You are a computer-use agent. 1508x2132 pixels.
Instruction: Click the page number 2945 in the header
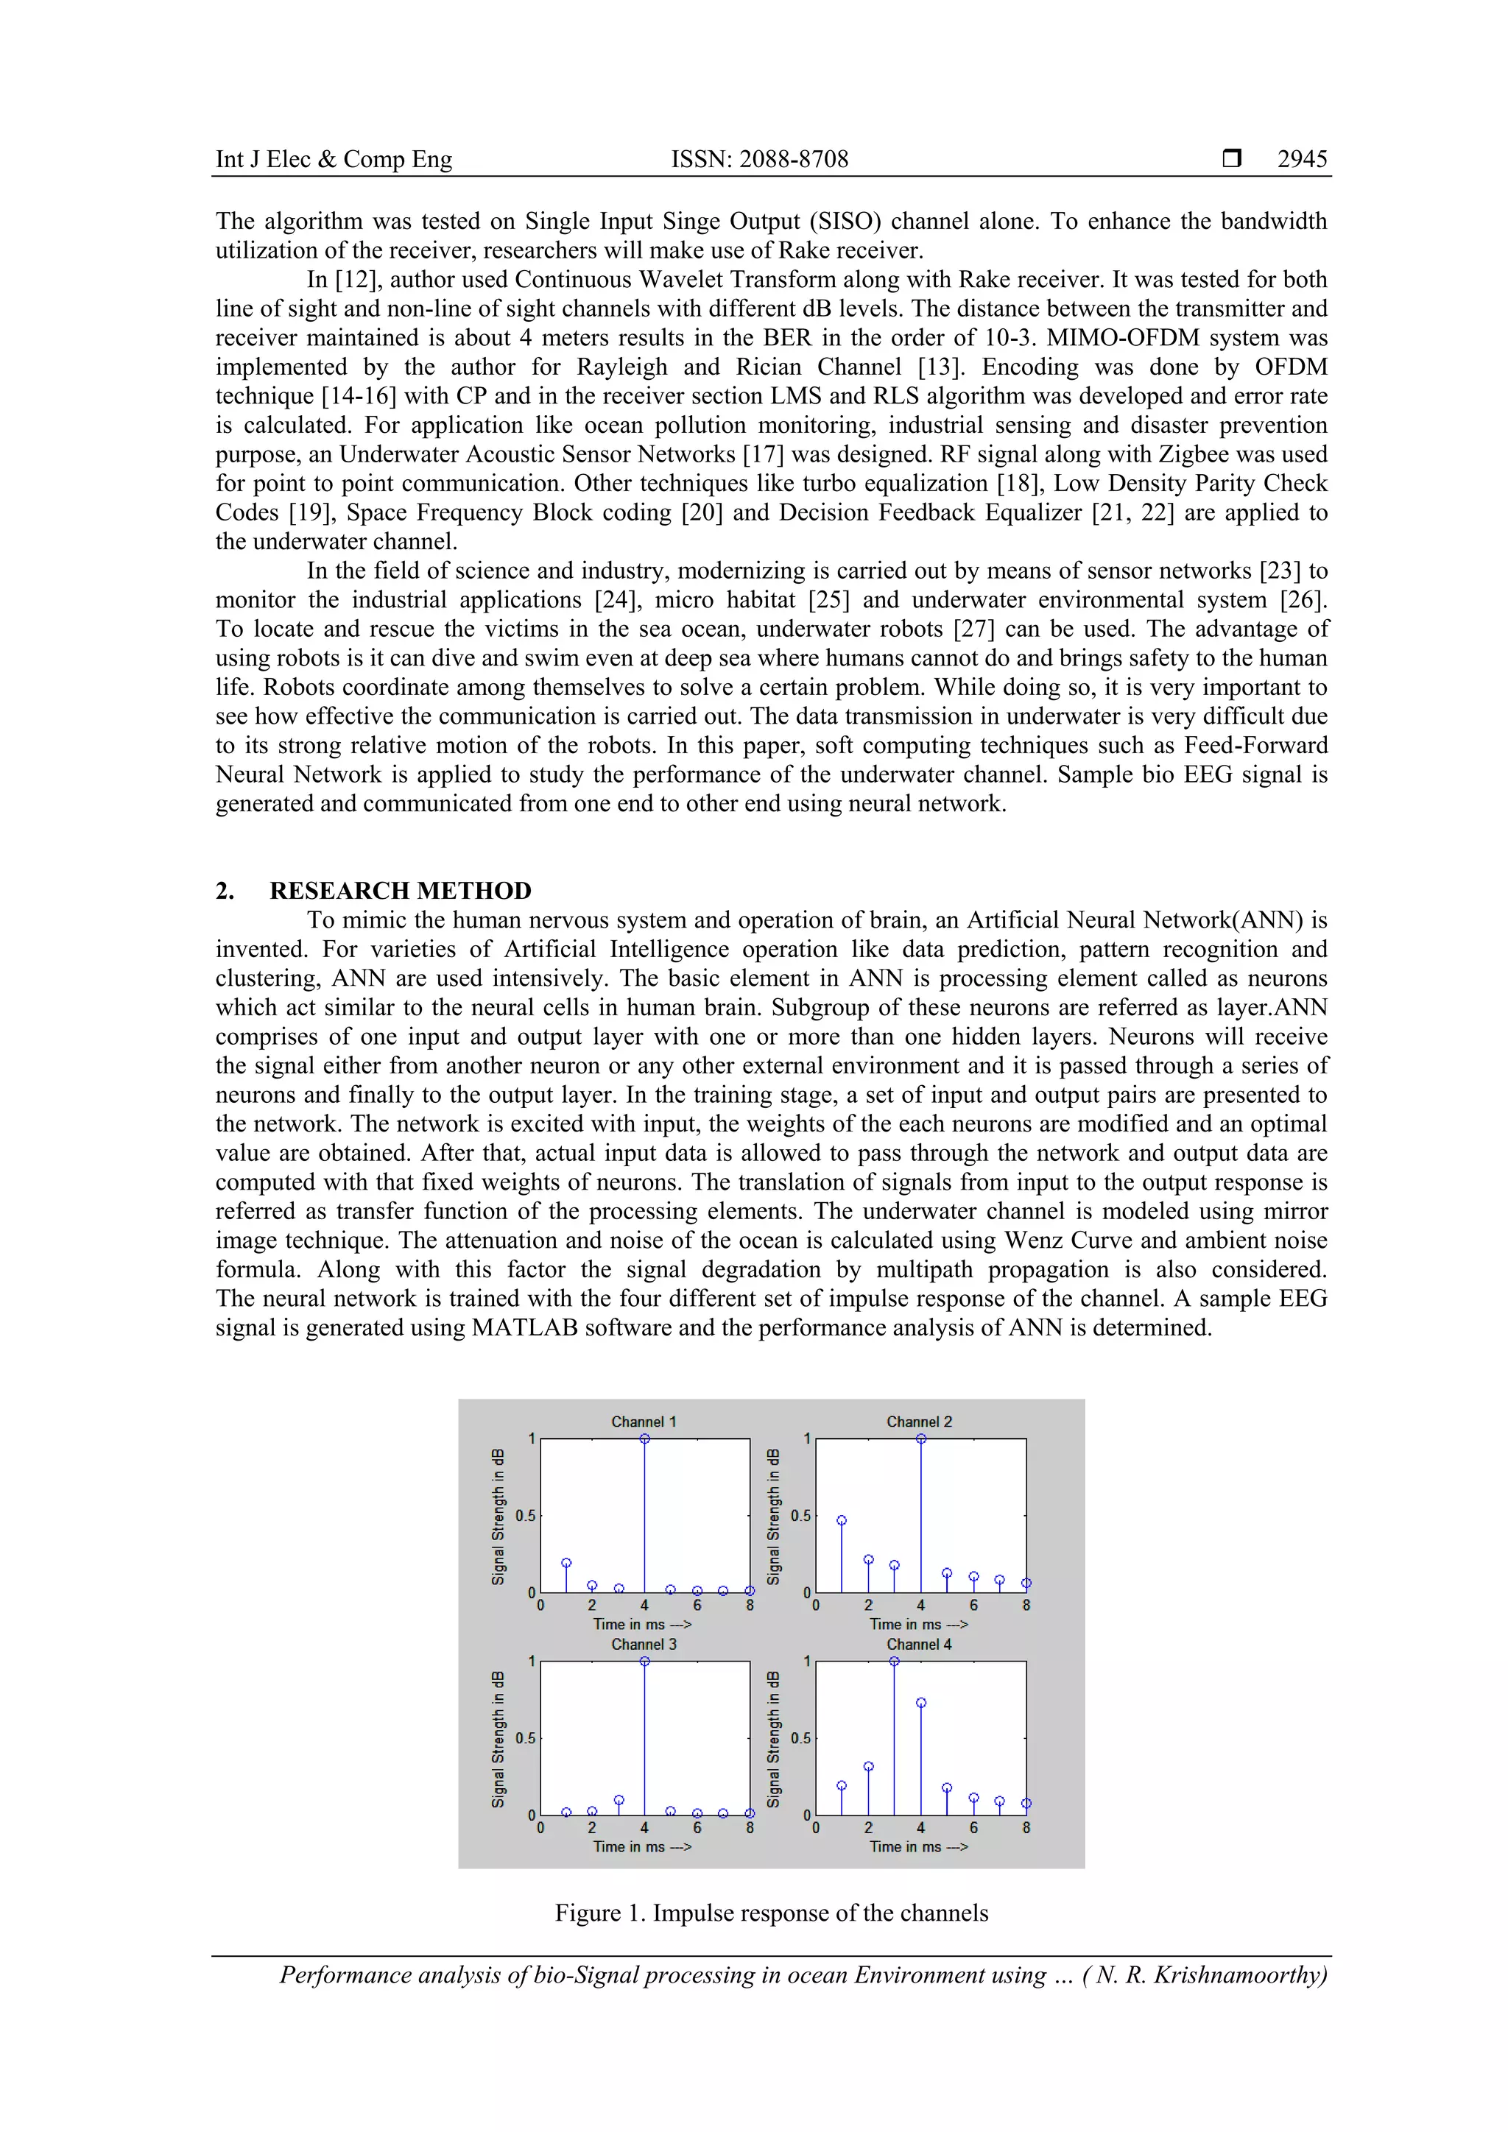tap(1301, 159)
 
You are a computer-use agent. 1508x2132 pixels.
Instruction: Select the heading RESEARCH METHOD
tap(401, 891)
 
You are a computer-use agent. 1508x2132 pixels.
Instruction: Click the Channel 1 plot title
tap(644, 1422)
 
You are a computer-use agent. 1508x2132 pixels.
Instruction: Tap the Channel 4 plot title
tap(918, 1645)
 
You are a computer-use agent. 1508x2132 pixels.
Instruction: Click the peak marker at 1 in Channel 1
tap(644, 1439)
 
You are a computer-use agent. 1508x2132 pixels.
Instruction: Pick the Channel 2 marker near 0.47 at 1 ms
tap(842, 1521)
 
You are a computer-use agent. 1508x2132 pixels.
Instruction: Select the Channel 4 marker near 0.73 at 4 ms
tap(921, 1703)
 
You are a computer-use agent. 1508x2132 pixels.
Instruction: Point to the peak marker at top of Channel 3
tap(644, 1662)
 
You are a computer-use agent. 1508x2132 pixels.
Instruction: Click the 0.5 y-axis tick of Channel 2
tap(800, 1515)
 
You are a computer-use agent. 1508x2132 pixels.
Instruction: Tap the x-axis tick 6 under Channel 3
tap(697, 1827)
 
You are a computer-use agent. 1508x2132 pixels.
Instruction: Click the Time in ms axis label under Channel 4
tap(917, 1847)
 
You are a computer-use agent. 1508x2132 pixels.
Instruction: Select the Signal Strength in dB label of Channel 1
tap(498, 1515)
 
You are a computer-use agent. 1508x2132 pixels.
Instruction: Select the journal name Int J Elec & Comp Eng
tap(334, 159)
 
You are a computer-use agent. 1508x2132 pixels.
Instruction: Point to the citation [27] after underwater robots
tap(974, 629)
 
